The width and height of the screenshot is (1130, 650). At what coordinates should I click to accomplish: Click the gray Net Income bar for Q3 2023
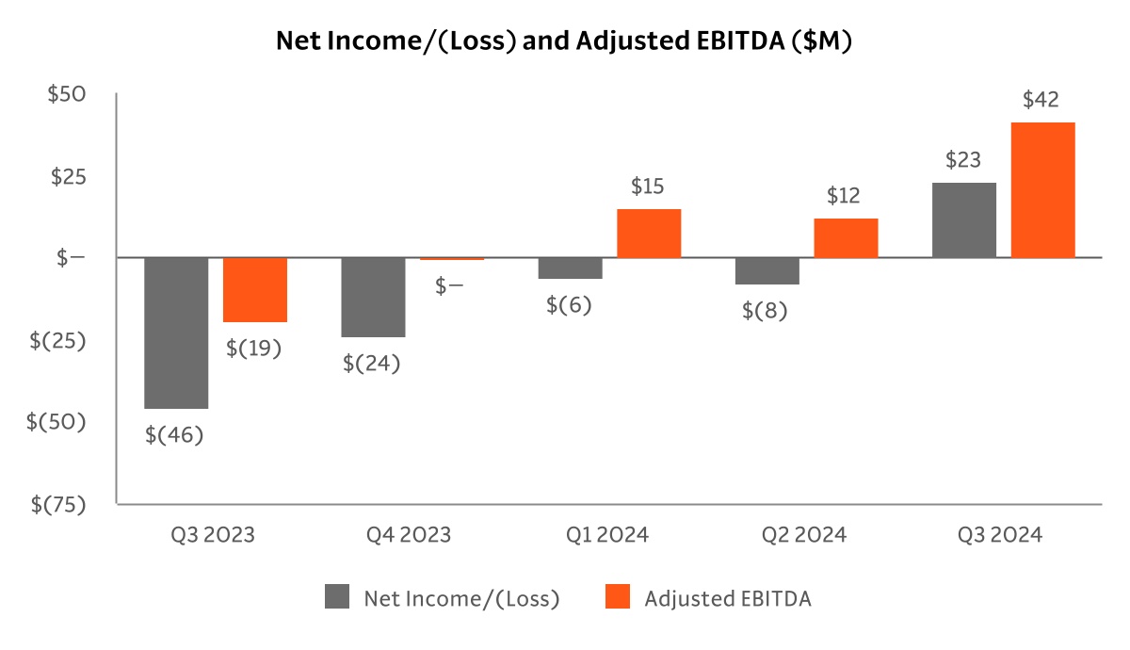click(176, 333)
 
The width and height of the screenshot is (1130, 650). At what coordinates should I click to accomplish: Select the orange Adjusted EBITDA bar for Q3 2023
click(255, 289)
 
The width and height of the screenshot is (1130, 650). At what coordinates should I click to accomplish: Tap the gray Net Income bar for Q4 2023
click(373, 297)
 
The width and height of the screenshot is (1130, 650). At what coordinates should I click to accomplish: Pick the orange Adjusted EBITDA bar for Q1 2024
click(649, 233)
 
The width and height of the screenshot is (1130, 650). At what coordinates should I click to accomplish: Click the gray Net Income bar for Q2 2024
click(767, 270)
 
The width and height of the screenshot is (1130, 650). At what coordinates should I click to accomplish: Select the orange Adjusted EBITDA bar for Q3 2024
click(1042, 189)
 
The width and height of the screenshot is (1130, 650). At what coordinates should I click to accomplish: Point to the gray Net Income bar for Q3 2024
click(963, 219)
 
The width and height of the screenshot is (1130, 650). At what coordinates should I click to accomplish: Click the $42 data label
click(1041, 100)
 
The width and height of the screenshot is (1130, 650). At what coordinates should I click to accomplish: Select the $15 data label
click(647, 187)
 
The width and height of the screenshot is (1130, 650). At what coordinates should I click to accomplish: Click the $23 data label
click(963, 160)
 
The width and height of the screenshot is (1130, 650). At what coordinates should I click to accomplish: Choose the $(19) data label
click(254, 348)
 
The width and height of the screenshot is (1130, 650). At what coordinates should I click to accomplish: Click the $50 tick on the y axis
click(67, 94)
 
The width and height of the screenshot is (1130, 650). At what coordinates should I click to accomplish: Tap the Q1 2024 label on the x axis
click(607, 535)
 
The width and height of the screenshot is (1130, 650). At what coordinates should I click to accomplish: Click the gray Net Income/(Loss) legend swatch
click(337, 597)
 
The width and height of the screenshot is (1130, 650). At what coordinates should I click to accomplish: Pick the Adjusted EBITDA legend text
click(728, 598)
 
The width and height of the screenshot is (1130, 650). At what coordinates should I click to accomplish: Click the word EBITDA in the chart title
click(734, 41)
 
